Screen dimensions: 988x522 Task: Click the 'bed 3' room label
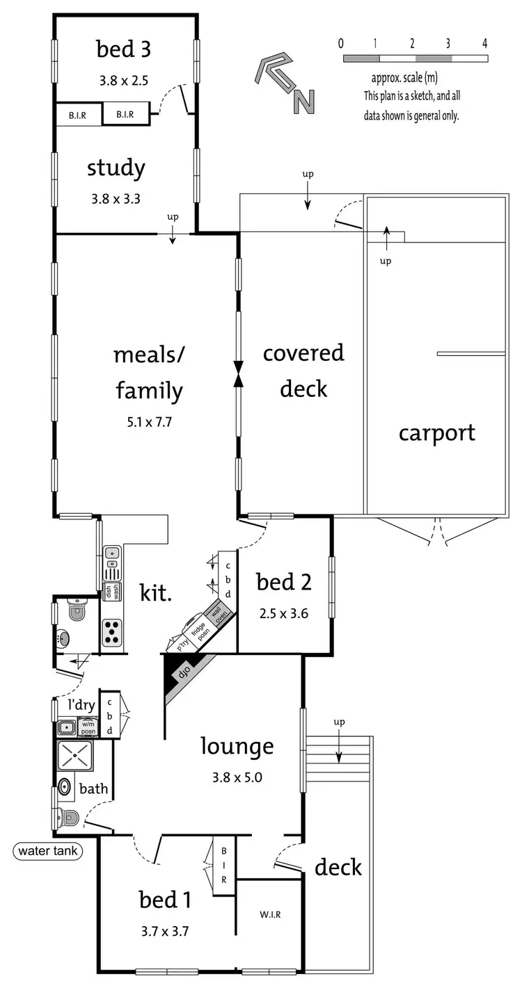[x=123, y=49]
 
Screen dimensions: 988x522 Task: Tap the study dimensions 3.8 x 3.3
[x=116, y=199]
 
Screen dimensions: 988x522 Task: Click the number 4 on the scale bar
[x=484, y=43]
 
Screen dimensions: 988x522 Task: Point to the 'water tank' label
[x=48, y=850]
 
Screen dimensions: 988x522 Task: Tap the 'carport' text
[x=436, y=432]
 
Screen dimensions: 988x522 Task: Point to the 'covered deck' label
[x=303, y=370]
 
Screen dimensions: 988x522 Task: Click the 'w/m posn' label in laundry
[x=88, y=728]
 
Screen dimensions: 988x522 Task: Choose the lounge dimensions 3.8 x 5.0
[x=237, y=778]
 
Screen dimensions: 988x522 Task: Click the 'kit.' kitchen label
[x=156, y=593]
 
